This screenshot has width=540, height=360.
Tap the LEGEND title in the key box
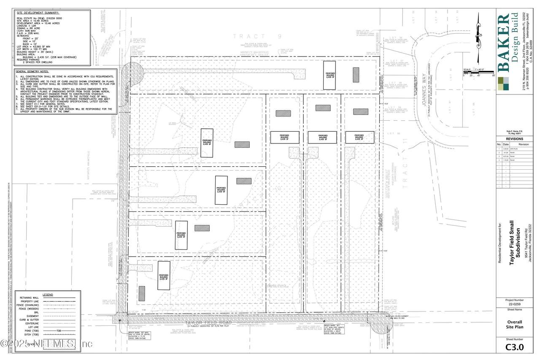[48, 294]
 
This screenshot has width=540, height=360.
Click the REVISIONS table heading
[511, 138]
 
